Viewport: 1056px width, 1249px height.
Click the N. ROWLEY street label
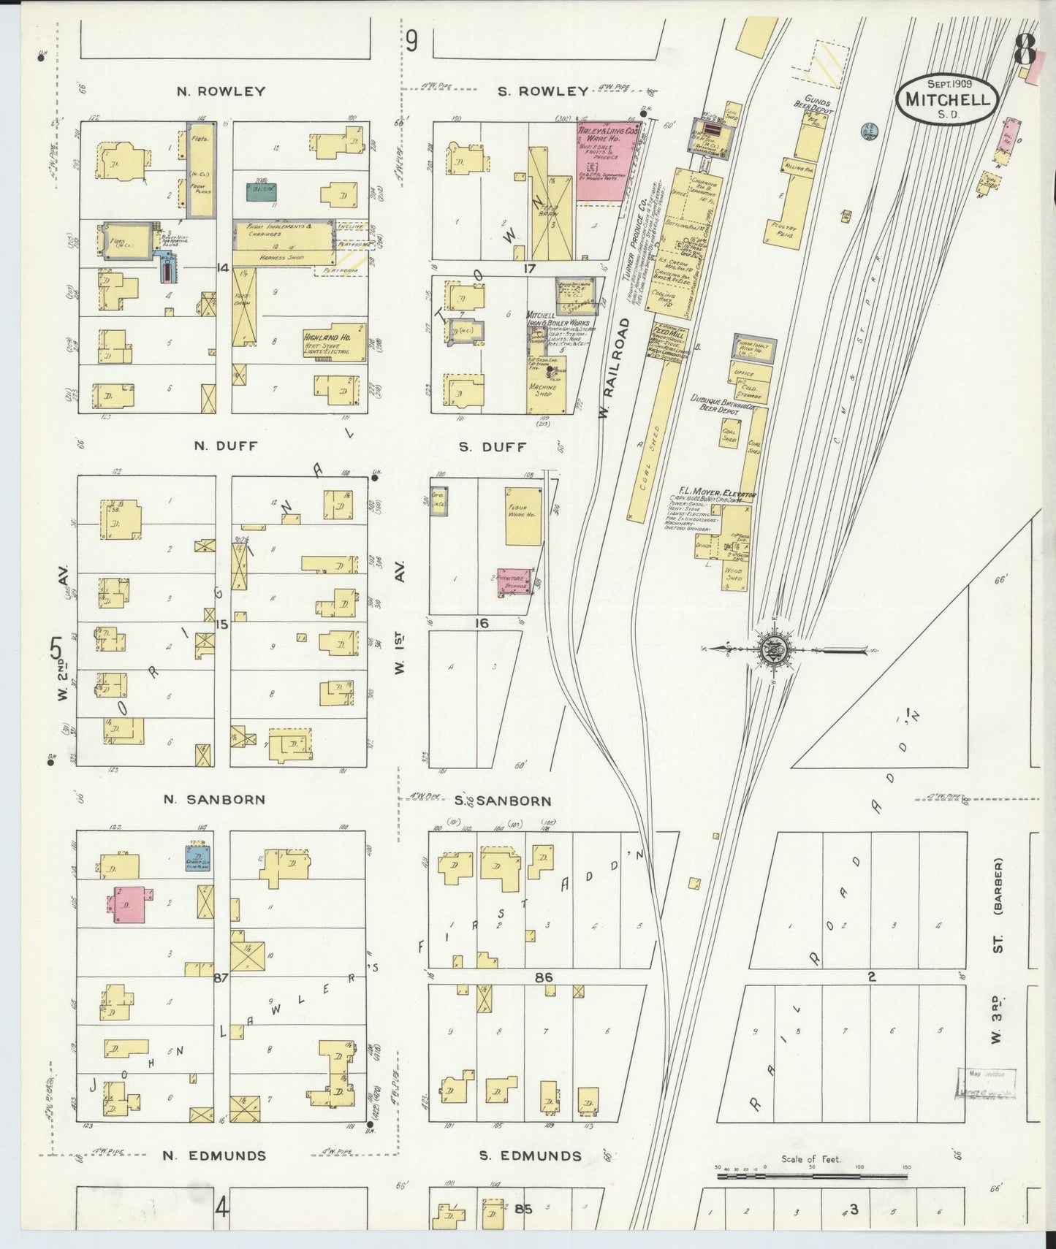[221, 92]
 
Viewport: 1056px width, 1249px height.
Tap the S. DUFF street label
[493, 447]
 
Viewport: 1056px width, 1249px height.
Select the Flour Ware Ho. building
[523, 516]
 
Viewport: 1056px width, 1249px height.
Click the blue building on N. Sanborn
[198, 858]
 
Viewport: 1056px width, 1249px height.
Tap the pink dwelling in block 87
[129, 904]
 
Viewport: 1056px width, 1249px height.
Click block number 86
[543, 977]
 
